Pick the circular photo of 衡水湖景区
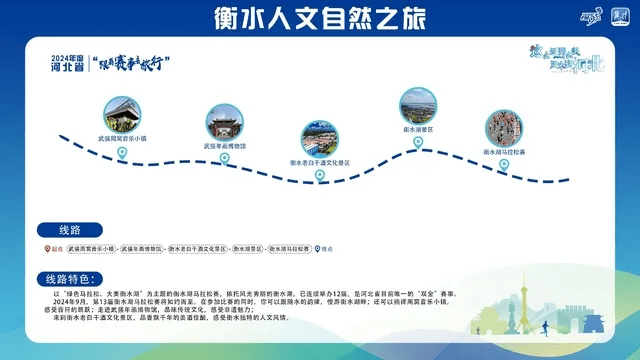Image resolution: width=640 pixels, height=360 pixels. click(418, 105)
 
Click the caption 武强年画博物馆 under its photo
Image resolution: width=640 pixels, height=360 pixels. click(225, 147)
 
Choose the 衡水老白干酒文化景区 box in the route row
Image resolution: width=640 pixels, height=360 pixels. click(198, 248)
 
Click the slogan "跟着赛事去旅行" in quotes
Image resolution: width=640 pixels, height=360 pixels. click(130, 63)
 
